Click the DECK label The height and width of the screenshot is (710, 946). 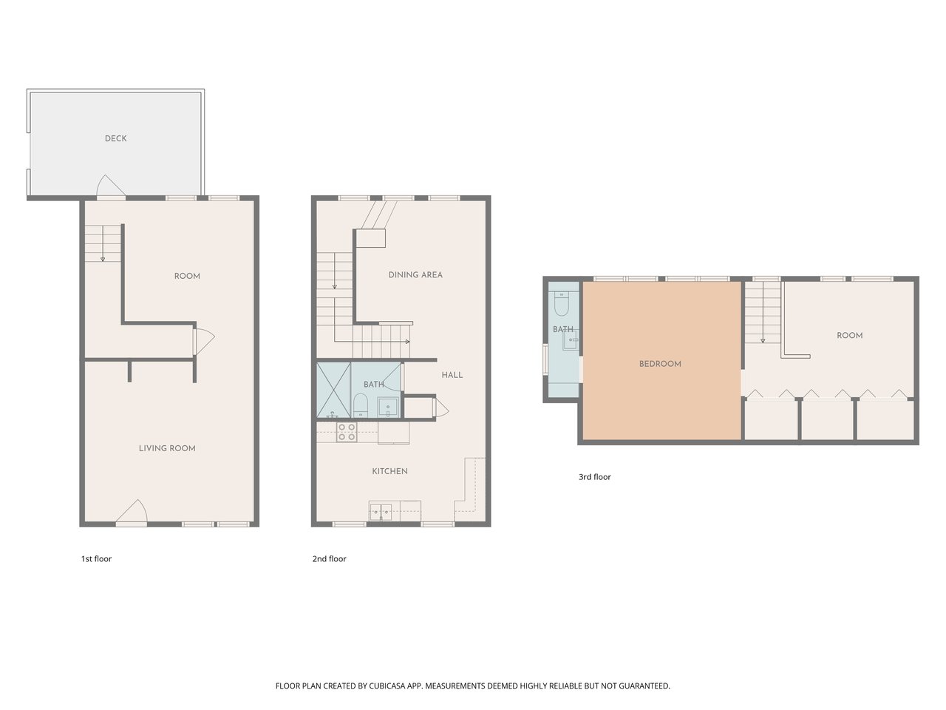coord(115,138)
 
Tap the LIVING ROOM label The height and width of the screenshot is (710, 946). coord(167,448)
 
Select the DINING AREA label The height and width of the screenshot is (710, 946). coord(415,275)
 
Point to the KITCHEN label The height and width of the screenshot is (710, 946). coord(389,471)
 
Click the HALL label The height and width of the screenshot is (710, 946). coord(452,375)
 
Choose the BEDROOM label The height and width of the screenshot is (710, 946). coord(660,364)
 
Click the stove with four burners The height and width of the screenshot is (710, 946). coord(347,432)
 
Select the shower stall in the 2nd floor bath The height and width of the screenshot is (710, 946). coord(333,390)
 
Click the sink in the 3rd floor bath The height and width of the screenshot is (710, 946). coord(571,341)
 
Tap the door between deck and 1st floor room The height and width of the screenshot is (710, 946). coord(111,187)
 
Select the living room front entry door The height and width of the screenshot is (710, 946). coord(132,513)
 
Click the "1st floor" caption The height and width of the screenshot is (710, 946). coord(96,558)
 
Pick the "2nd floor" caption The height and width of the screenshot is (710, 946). coord(330,558)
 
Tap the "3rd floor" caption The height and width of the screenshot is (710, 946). coord(595,477)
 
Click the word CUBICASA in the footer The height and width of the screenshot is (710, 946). coord(387,686)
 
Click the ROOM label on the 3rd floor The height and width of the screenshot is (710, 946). coord(849,335)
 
